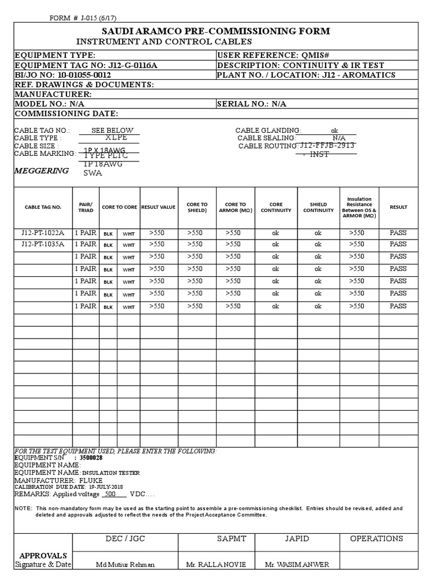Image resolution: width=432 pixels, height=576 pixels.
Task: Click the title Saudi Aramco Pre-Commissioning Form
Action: coord(215,31)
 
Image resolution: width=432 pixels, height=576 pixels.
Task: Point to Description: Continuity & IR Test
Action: coord(300,65)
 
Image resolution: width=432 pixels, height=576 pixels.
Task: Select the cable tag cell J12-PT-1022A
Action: coord(43,232)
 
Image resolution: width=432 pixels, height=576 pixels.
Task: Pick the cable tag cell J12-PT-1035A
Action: coord(43,244)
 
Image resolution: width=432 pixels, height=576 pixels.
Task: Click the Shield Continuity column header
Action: coord(318,207)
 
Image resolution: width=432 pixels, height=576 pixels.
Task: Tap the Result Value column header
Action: coord(158,207)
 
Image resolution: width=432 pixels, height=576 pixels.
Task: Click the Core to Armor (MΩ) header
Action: coord(235,207)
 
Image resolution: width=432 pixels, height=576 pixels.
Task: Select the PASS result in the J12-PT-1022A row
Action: coord(398,232)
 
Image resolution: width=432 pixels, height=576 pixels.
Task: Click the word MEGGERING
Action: coord(41,170)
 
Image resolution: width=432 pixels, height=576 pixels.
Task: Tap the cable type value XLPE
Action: coord(116,137)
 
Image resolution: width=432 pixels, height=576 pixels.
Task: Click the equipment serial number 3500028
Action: coord(91,458)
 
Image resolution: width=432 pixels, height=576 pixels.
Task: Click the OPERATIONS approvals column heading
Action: coord(376,538)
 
